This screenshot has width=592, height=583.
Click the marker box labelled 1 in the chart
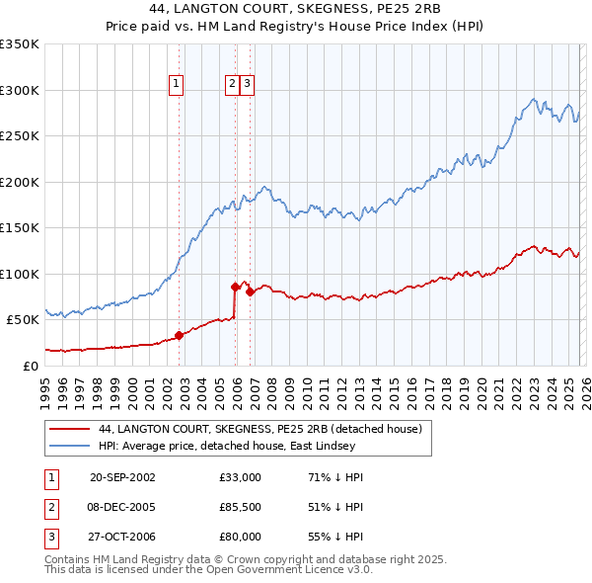[176, 85]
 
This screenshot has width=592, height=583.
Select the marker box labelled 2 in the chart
[232, 85]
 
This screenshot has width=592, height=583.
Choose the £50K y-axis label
[24, 319]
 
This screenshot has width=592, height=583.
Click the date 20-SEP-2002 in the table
[122, 477]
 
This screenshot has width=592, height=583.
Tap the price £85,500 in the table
[241, 507]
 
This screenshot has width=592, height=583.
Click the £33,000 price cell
[241, 477]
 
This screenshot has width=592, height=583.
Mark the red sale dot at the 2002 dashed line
[180, 335]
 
